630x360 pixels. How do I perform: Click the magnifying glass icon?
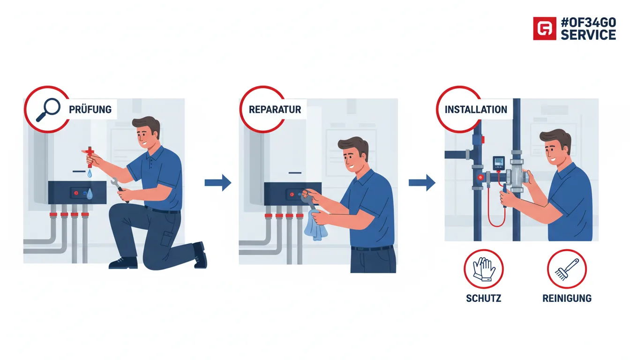click(x=48, y=109)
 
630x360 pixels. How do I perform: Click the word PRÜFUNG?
click(x=90, y=109)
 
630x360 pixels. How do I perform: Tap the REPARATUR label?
click(x=275, y=109)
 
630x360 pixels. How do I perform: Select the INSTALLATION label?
click(x=476, y=109)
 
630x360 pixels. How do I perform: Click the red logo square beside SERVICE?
click(x=545, y=29)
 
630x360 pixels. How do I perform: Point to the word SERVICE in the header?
click(x=588, y=35)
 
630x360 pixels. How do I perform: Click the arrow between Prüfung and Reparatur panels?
click(x=218, y=183)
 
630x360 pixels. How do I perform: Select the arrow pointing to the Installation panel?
click(x=422, y=183)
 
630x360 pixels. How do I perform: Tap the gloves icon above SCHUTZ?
click(x=484, y=269)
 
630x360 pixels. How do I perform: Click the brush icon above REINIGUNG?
click(x=566, y=270)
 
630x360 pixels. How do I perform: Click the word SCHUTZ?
click(x=483, y=298)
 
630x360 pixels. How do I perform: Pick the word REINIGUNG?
click(x=567, y=298)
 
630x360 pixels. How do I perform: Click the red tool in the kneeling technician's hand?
click(x=90, y=157)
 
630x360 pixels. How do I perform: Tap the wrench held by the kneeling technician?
click(x=119, y=189)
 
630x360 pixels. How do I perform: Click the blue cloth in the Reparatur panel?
click(x=315, y=225)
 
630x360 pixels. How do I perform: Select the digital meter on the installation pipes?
click(x=499, y=163)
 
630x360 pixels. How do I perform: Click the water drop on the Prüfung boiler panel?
click(x=89, y=194)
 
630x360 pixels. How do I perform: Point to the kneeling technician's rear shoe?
click(x=200, y=255)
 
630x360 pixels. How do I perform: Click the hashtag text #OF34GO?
click(x=588, y=22)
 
